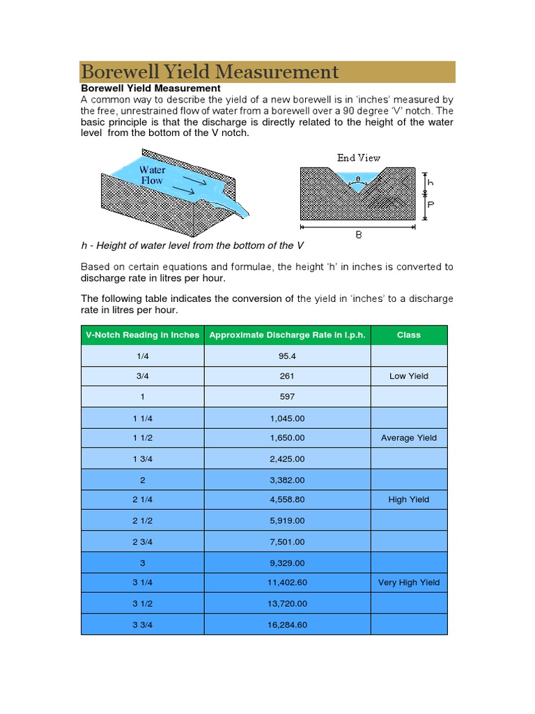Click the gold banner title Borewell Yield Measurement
point(210,72)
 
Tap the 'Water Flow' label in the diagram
point(152,175)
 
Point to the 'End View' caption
point(359,158)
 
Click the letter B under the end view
point(359,236)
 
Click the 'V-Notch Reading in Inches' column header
point(142,335)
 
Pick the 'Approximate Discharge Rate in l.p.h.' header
point(287,335)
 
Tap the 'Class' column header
point(409,335)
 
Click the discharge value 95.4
point(287,356)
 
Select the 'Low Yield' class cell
point(409,376)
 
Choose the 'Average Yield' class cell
point(409,438)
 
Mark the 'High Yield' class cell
point(409,500)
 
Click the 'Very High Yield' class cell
point(409,582)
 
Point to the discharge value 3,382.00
point(287,479)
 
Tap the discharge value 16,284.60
point(287,624)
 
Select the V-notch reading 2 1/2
point(142,520)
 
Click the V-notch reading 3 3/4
point(142,624)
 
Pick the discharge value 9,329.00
point(287,562)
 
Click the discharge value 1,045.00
point(287,418)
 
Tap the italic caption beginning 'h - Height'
point(193,245)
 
